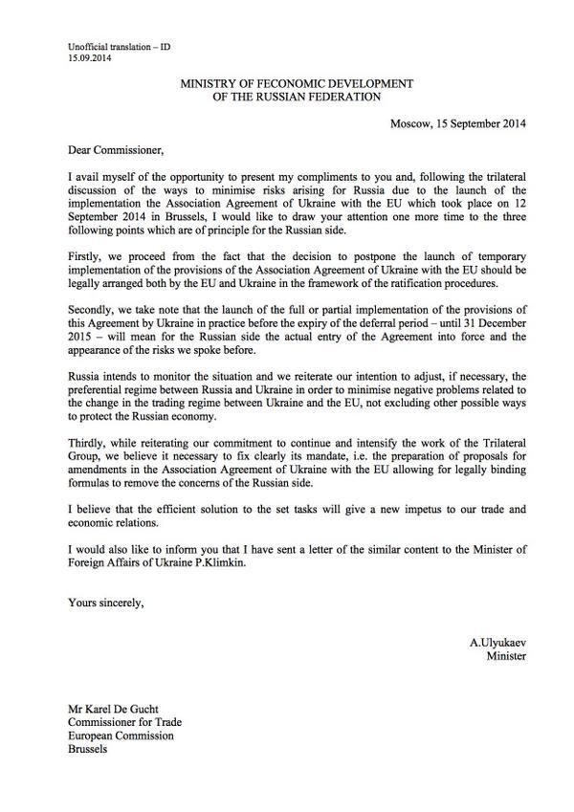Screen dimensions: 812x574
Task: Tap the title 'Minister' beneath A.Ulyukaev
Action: (506, 656)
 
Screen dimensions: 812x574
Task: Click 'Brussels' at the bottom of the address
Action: (89, 750)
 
